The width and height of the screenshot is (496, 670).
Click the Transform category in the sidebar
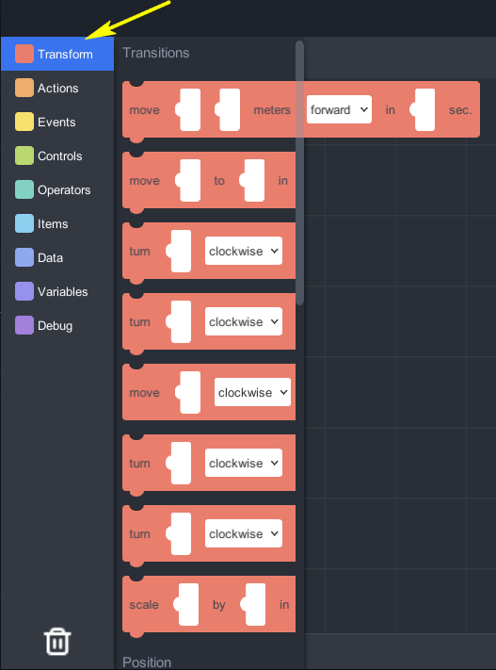click(x=57, y=54)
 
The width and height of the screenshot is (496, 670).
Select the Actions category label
click(x=58, y=88)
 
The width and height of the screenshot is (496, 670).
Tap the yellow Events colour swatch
click(x=24, y=122)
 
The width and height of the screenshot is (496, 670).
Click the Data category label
click(x=51, y=257)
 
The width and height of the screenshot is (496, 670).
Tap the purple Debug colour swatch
click(x=24, y=325)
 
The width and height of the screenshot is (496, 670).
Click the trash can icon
click(x=57, y=641)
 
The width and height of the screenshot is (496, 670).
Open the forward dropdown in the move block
click(x=339, y=109)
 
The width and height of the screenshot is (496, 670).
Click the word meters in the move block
click(x=272, y=110)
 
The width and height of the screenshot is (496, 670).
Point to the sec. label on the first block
click(x=460, y=110)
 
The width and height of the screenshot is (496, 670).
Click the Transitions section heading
click(x=156, y=53)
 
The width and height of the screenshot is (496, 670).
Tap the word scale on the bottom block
click(x=144, y=605)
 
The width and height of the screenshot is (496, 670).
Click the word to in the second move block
click(x=219, y=181)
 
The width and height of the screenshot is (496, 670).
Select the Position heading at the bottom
click(x=147, y=662)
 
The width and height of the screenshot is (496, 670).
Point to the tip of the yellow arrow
click(x=86, y=39)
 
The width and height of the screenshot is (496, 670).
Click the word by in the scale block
click(x=219, y=605)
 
